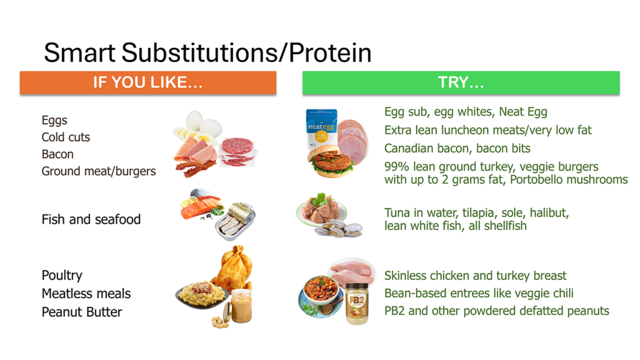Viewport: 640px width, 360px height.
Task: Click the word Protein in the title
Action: coord(330,52)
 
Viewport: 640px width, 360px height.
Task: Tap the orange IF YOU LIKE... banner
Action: coord(147,82)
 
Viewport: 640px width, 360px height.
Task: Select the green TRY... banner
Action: coord(461,82)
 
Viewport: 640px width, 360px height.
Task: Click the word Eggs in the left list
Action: coord(54,121)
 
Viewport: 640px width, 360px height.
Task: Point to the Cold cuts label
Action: coord(66,137)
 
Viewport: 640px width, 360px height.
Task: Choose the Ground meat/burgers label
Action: coord(99,171)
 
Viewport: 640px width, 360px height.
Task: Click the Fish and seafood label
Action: coord(91,219)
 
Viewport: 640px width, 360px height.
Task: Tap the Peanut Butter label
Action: coord(82,312)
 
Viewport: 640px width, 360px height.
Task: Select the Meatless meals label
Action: coord(86,294)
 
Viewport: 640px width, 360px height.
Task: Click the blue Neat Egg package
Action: coord(321,129)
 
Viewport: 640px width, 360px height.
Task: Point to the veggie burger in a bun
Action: coord(331,161)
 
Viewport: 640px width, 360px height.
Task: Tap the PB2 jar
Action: coord(357,303)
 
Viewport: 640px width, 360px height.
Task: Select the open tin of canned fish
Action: coord(235,221)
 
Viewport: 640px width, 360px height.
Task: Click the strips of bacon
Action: coord(195,167)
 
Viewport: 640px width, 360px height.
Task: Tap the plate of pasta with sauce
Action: coord(202,294)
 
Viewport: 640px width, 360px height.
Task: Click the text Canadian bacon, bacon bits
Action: coord(457,148)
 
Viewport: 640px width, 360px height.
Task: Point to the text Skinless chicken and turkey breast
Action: coord(475,276)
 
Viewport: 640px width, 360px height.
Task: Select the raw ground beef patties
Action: coord(237,151)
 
